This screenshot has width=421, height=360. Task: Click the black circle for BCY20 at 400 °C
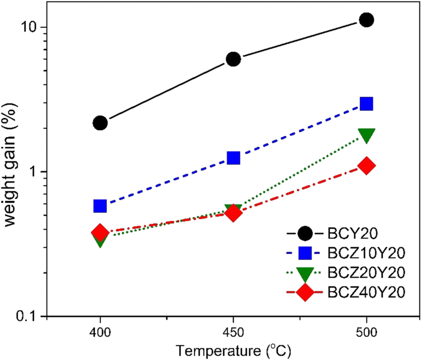(x=100, y=123)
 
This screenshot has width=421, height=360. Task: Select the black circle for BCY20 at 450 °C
(x=233, y=59)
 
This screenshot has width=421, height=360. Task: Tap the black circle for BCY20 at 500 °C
(x=366, y=20)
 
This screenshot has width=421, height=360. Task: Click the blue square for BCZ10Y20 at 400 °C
(x=100, y=206)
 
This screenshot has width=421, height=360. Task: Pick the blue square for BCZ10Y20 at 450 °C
(x=233, y=158)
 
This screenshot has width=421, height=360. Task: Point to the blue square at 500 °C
(x=366, y=104)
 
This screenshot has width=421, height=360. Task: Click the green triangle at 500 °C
(x=366, y=135)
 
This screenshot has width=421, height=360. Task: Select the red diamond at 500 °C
(x=366, y=166)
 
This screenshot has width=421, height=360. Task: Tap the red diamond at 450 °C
(x=233, y=213)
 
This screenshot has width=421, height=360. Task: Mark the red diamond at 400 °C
(x=100, y=233)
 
